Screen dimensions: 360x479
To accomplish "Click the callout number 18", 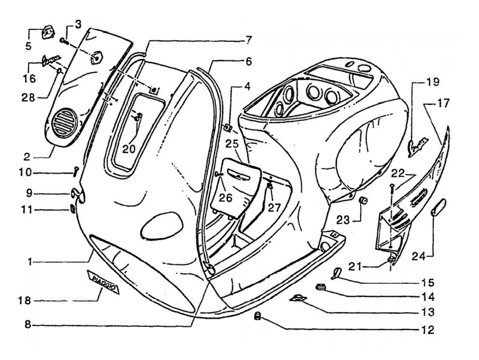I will [x=25, y=301].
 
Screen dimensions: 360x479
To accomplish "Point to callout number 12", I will [x=428, y=330].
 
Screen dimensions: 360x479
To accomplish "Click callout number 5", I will [x=28, y=46].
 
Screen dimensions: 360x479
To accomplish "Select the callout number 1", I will [x=30, y=262].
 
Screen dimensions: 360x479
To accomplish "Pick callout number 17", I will [x=443, y=103].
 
